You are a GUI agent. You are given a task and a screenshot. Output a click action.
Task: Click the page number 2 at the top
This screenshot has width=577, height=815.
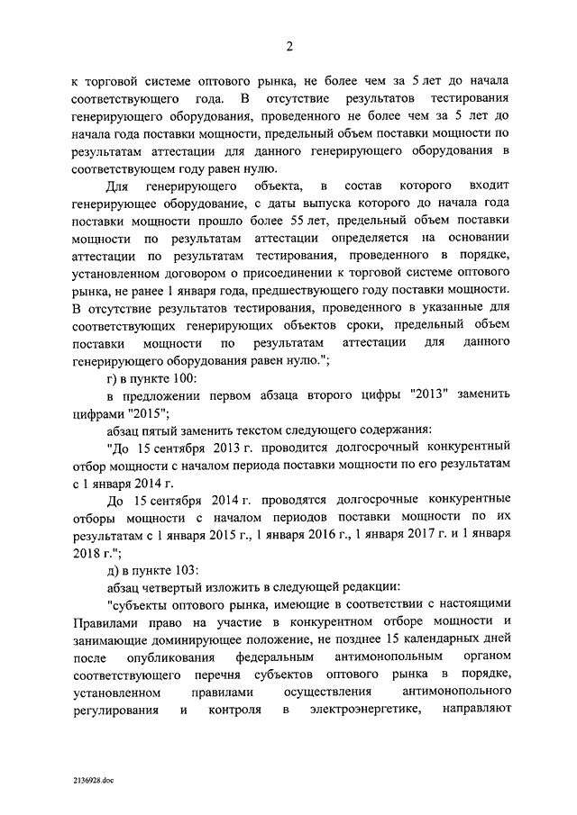[289, 48]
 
